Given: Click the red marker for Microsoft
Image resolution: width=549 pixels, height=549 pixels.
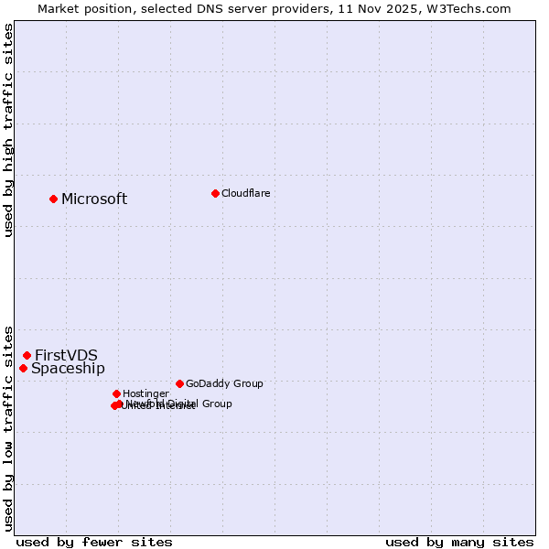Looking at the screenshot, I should pos(53,199).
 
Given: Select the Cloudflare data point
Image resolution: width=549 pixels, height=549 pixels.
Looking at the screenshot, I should pos(215,193).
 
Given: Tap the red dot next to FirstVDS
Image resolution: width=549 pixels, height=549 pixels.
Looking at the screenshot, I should pos(27,355).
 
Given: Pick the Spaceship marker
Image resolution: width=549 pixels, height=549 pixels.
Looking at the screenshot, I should pos(23,368).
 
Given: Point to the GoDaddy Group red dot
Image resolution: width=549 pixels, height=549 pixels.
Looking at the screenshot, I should pos(179,383).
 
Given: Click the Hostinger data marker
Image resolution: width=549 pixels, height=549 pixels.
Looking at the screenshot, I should pos(116,393).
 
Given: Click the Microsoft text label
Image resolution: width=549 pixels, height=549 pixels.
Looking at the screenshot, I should pos(94,199).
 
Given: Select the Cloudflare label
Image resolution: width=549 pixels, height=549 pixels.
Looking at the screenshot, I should pos(245,193).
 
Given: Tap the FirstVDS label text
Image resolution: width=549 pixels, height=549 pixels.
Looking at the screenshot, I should pos(66,356).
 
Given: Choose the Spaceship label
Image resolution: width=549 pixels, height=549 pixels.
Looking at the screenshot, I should pos(68,369).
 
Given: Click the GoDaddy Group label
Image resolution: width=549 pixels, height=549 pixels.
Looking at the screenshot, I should pos(224,384).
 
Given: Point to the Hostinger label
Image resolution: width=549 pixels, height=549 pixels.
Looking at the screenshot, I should pos(145,394).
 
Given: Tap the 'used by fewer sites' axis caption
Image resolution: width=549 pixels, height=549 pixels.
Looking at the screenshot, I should pos(94,542).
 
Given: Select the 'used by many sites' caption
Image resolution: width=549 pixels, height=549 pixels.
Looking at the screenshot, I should pos(459,542).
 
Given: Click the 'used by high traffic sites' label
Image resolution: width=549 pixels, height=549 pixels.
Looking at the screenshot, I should pos(9,130).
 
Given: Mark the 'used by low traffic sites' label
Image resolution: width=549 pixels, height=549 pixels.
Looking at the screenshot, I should pos(9,428).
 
